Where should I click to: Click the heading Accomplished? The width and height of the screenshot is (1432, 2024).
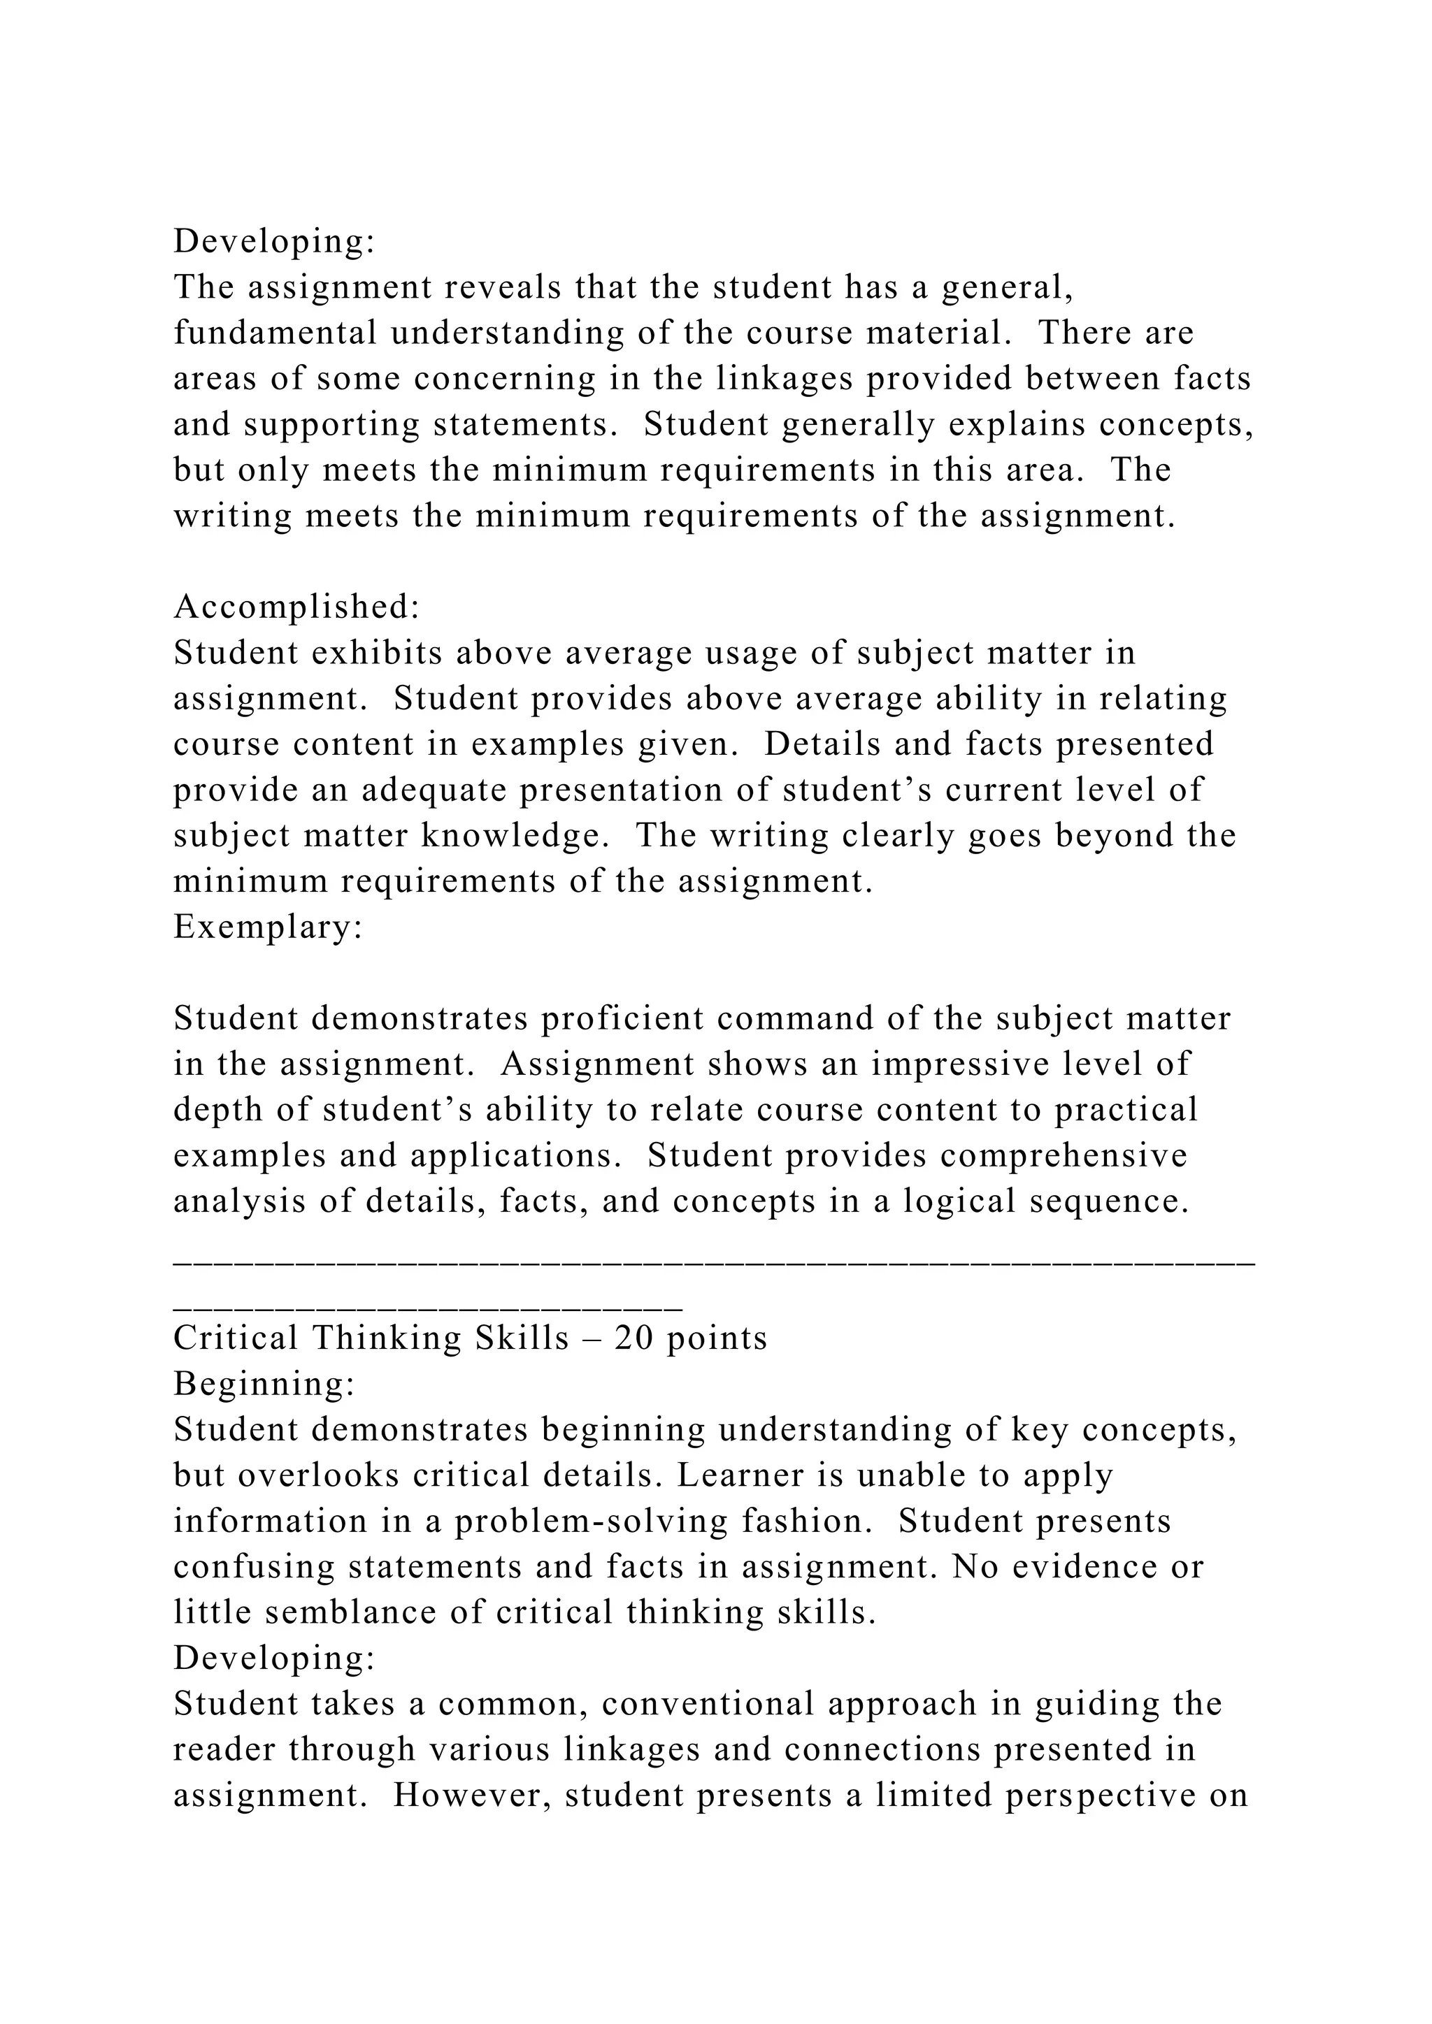tap(296, 607)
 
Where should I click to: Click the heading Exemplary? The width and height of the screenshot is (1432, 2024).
tap(268, 927)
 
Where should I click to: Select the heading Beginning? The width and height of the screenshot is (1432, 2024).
tap(264, 1384)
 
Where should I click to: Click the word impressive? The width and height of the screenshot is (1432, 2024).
tap(961, 1064)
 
